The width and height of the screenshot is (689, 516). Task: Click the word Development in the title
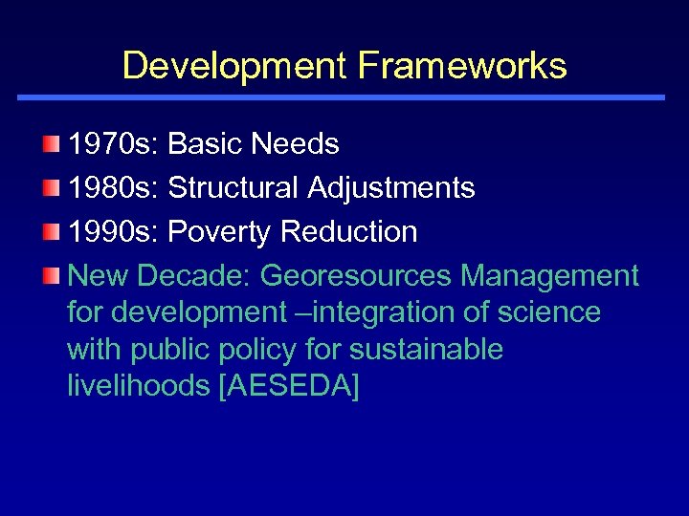[x=234, y=66]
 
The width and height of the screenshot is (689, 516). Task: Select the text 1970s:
[x=114, y=144]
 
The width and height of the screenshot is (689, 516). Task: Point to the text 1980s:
[x=114, y=188]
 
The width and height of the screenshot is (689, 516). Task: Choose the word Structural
[x=233, y=188]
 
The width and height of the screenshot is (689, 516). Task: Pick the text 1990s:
[x=114, y=232]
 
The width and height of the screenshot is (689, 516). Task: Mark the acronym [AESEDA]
[x=289, y=386]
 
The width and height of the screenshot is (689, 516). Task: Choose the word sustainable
[x=426, y=350]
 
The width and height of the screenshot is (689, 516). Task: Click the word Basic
[x=205, y=144]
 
